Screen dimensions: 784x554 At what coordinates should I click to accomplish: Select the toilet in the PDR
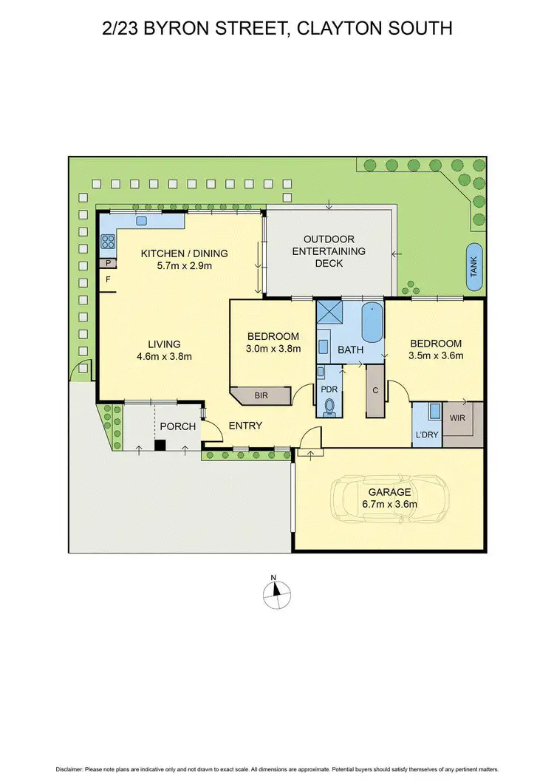[x=329, y=405]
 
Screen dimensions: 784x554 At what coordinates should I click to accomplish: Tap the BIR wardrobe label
[x=261, y=396]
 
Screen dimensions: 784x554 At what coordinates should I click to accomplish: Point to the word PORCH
[x=177, y=426]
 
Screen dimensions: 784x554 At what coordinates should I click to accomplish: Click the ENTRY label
[x=245, y=426]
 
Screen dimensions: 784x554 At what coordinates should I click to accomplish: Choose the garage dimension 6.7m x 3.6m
[x=389, y=505]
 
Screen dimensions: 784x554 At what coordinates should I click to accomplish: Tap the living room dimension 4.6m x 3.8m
[x=164, y=356]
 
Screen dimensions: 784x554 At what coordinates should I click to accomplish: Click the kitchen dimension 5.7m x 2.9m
[x=184, y=266]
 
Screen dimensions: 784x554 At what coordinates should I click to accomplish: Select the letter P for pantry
[x=109, y=262]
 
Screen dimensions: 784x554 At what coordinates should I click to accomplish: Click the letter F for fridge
[x=109, y=281]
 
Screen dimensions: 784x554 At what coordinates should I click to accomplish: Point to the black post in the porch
[x=159, y=445]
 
